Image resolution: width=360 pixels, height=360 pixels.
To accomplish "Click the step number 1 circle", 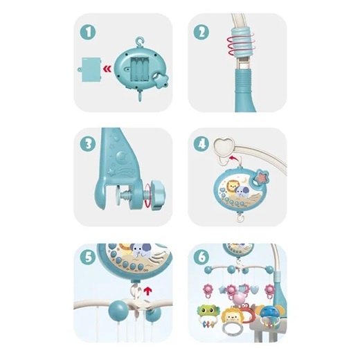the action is pyautogui.click(x=88, y=32).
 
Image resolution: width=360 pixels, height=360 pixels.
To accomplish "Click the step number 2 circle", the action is pyautogui.click(x=201, y=32).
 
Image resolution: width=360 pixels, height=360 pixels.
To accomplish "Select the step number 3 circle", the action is pyautogui.click(x=88, y=144).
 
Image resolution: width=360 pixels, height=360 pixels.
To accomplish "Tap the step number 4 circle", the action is pyautogui.click(x=201, y=144).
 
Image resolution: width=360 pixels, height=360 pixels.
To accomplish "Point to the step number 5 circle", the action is pyautogui.click(x=88, y=257).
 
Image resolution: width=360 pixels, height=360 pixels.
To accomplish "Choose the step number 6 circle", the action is pyautogui.click(x=201, y=257).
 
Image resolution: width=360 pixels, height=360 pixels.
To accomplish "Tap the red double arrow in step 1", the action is pyautogui.click(x=107, y=69).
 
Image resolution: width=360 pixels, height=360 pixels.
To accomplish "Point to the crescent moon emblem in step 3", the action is pyautogui.click(x=121, y=156).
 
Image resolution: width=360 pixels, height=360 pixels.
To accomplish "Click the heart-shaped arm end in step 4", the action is pyautogui.click(x=224, y=146).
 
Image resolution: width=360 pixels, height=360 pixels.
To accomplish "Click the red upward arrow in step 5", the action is pyautogui.click(x=147, y=291).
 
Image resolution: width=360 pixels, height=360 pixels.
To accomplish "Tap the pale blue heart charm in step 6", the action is pyautogui.click(x=255, y=289).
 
